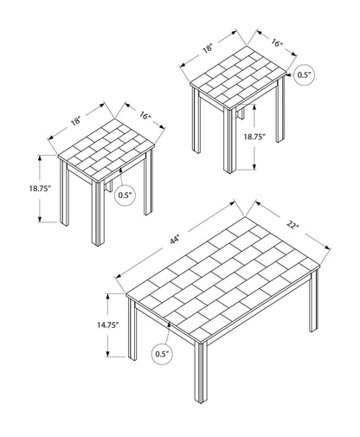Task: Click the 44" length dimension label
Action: tap(175, 240)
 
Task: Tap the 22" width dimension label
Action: tap(292, 224)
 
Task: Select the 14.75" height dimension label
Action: tap(108, 325)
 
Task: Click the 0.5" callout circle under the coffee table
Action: tap(163, 354)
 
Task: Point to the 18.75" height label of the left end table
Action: tap(40, 189)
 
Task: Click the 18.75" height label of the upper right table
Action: tap(254, 137)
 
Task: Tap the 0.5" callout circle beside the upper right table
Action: tap(305, 75)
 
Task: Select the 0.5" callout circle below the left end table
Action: tap(125, 196)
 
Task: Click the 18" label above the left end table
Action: tap(75, 121)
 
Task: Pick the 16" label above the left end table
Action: tap(145, 116)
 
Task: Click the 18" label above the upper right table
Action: tap(208, 48)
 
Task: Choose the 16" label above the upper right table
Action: tap(277, 42)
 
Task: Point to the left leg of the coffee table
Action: tap(132, 330)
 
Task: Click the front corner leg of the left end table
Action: tap(98, 214)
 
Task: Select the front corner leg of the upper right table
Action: tap(229, 141)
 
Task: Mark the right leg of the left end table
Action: tap(148, 183)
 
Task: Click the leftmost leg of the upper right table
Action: tap(196, 120)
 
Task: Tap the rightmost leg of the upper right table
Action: tap(280, 110)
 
